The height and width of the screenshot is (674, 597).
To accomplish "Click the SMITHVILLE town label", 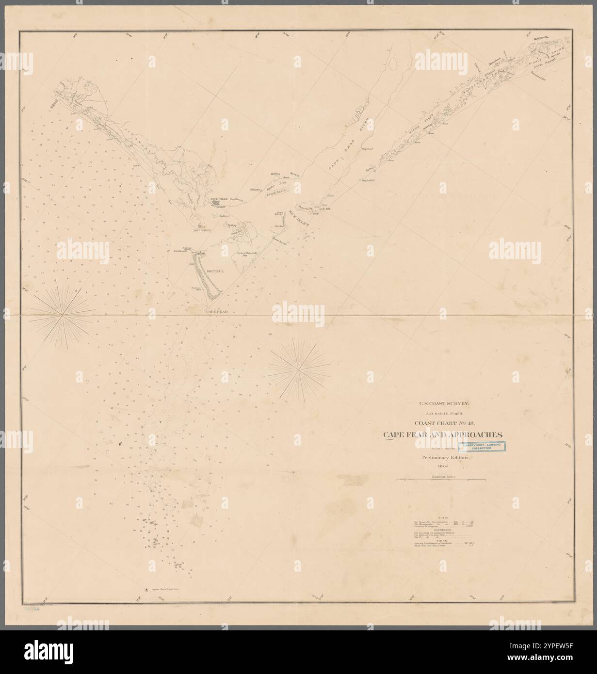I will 219,199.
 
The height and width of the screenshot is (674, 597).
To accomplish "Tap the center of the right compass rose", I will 296,369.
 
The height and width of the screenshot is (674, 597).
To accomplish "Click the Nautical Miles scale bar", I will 441,480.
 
